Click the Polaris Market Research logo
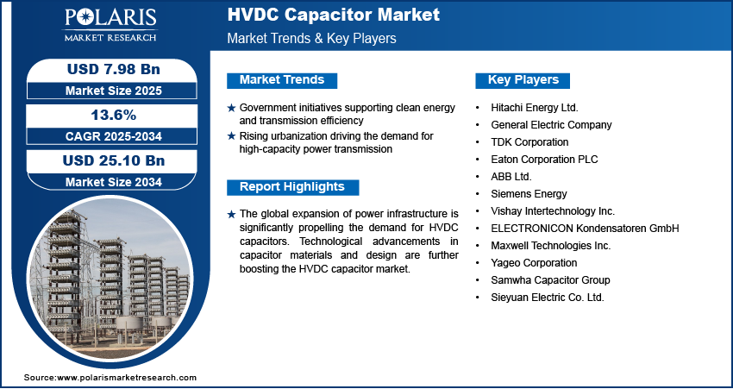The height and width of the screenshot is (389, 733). coord(110,25)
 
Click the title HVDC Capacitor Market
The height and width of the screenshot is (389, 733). coord(334,15)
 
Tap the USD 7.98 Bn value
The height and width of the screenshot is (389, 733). coord(114,69)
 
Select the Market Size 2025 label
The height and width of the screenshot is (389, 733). coord(114,91)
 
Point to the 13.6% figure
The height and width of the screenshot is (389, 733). coord(114,115)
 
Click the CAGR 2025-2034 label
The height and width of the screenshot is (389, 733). coord(114,136)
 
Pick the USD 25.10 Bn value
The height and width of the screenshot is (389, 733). coord(114,160)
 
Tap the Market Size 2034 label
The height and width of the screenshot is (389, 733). coord(114,182)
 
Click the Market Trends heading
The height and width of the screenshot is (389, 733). coord(282,80)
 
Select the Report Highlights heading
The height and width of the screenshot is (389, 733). coord(292,187)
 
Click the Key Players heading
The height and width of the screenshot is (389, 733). coord(523,80)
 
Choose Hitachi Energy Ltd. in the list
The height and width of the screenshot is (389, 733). coord(535,108)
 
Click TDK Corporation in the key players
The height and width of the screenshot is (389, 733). coord(529,142)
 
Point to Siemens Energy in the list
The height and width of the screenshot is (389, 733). coord(529,194)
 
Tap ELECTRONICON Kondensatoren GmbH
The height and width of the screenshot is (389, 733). coord(585,229)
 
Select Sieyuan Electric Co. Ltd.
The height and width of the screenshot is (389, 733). coord(548,298)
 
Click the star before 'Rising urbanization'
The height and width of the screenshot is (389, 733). coord(231,136)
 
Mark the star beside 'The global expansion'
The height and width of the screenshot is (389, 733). coord(231,215)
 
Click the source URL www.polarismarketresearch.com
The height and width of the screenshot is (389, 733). coord(127,378)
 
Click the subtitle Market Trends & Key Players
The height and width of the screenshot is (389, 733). coord(312,38)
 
